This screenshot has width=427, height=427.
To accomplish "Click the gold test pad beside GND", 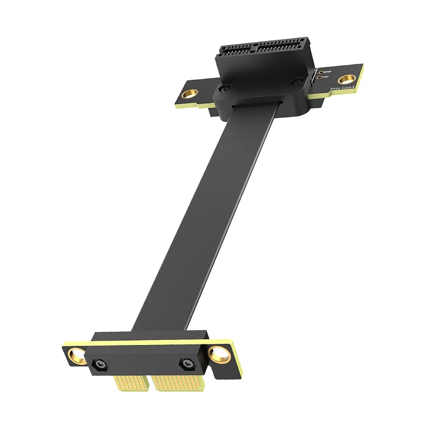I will point(321,72).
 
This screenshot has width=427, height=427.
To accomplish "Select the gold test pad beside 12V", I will point(320,77).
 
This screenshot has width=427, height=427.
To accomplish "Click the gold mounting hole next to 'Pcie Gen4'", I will point(344,79).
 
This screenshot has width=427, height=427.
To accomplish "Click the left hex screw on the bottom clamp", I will point(100,363).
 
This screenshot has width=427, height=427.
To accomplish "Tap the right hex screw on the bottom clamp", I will point(186,363).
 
